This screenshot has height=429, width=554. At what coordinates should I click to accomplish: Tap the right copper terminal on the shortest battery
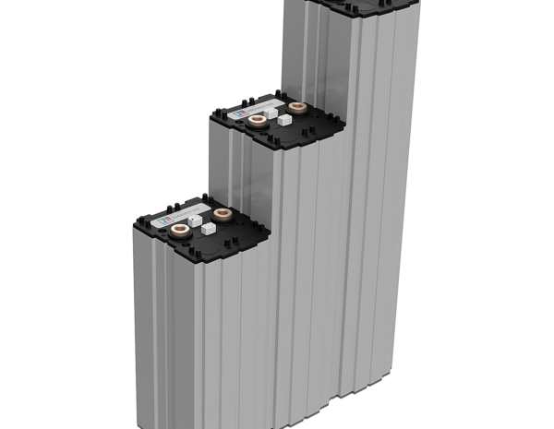pyautogui.click(x=222, y=214)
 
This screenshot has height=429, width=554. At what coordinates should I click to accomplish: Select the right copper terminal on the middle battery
pyautogui.click(x=295, y=108)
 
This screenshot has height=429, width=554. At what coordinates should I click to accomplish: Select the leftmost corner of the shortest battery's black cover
pyautogui.click(x=133, y=222)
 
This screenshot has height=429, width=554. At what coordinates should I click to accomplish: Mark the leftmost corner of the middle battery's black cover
pyautogui.click(x=209, y=116)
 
